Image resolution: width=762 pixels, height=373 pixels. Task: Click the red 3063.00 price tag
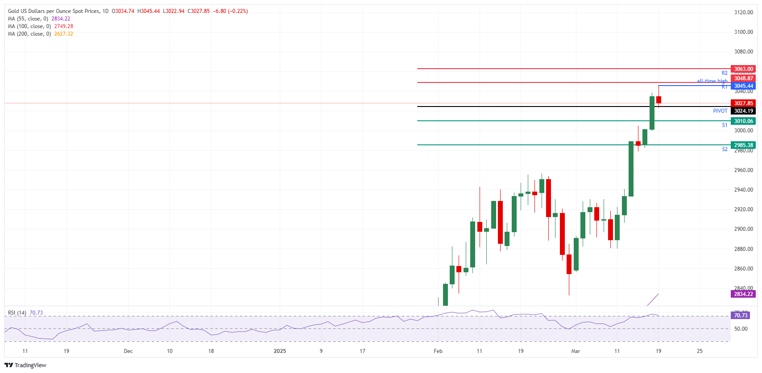743,69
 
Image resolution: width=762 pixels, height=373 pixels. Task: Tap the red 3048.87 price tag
743,78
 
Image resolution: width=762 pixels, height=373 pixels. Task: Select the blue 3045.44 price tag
743,86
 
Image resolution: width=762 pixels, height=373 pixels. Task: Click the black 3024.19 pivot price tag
743,111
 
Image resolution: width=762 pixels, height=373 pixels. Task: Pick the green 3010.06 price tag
743,121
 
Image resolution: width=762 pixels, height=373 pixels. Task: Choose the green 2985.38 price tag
743,145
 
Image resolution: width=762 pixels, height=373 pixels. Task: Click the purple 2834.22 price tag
743,294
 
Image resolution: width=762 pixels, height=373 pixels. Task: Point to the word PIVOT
720,111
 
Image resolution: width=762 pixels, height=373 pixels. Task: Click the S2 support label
725,149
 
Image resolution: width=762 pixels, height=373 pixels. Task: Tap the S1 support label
725,125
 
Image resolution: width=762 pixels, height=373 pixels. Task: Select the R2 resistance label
725,73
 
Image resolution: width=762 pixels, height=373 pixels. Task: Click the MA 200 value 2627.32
64,34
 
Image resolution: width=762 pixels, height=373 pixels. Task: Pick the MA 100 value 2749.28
64,26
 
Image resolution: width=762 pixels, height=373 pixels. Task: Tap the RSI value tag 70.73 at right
741,316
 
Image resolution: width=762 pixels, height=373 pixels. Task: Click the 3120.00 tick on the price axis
743,12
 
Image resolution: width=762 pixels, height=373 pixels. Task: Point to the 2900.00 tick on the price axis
743,229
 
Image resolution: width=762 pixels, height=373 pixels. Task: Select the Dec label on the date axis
128,351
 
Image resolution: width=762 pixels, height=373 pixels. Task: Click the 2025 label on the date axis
280,351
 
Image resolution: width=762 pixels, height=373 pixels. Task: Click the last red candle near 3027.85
658,100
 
